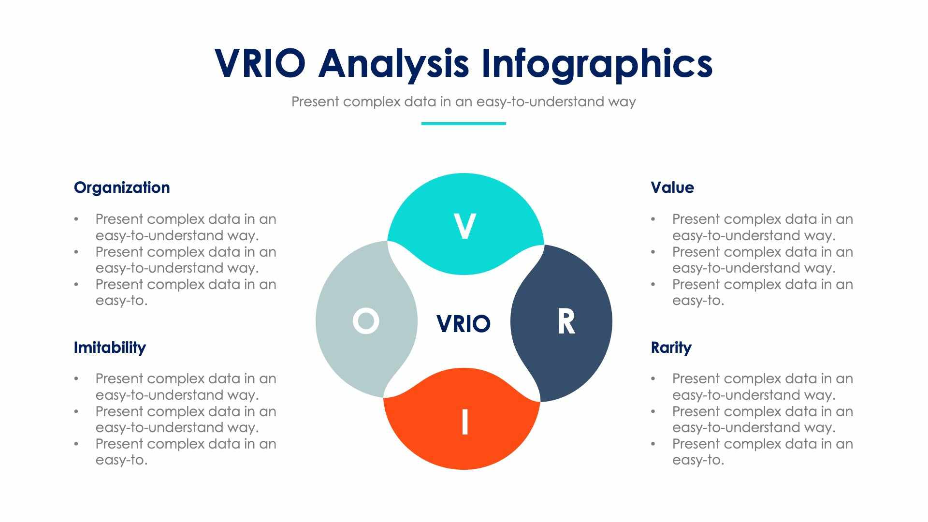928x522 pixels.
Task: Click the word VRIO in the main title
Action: point(260,63)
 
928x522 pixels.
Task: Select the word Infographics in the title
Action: point(597,64)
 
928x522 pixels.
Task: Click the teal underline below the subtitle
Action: point(464,124)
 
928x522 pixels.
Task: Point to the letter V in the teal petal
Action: point(464,226)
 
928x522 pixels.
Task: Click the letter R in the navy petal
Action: point(566,322)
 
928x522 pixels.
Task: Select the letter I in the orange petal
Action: point(464,422)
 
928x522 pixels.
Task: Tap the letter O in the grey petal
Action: point(366,321)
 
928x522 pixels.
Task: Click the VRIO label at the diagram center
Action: point(463,324)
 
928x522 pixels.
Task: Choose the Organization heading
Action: point(122,188)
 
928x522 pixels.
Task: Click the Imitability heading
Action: point(110,348)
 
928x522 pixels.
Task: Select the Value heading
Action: point(672,188)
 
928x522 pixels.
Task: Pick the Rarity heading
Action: point(671,348)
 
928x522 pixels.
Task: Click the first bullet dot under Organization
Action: point(76,219)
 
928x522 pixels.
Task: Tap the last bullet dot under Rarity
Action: point(653,444)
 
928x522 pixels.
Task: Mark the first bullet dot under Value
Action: point(653,219)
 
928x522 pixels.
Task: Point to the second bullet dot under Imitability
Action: point(76,411)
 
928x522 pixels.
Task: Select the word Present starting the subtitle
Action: point(315,102)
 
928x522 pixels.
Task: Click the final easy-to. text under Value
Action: point(698,301)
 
